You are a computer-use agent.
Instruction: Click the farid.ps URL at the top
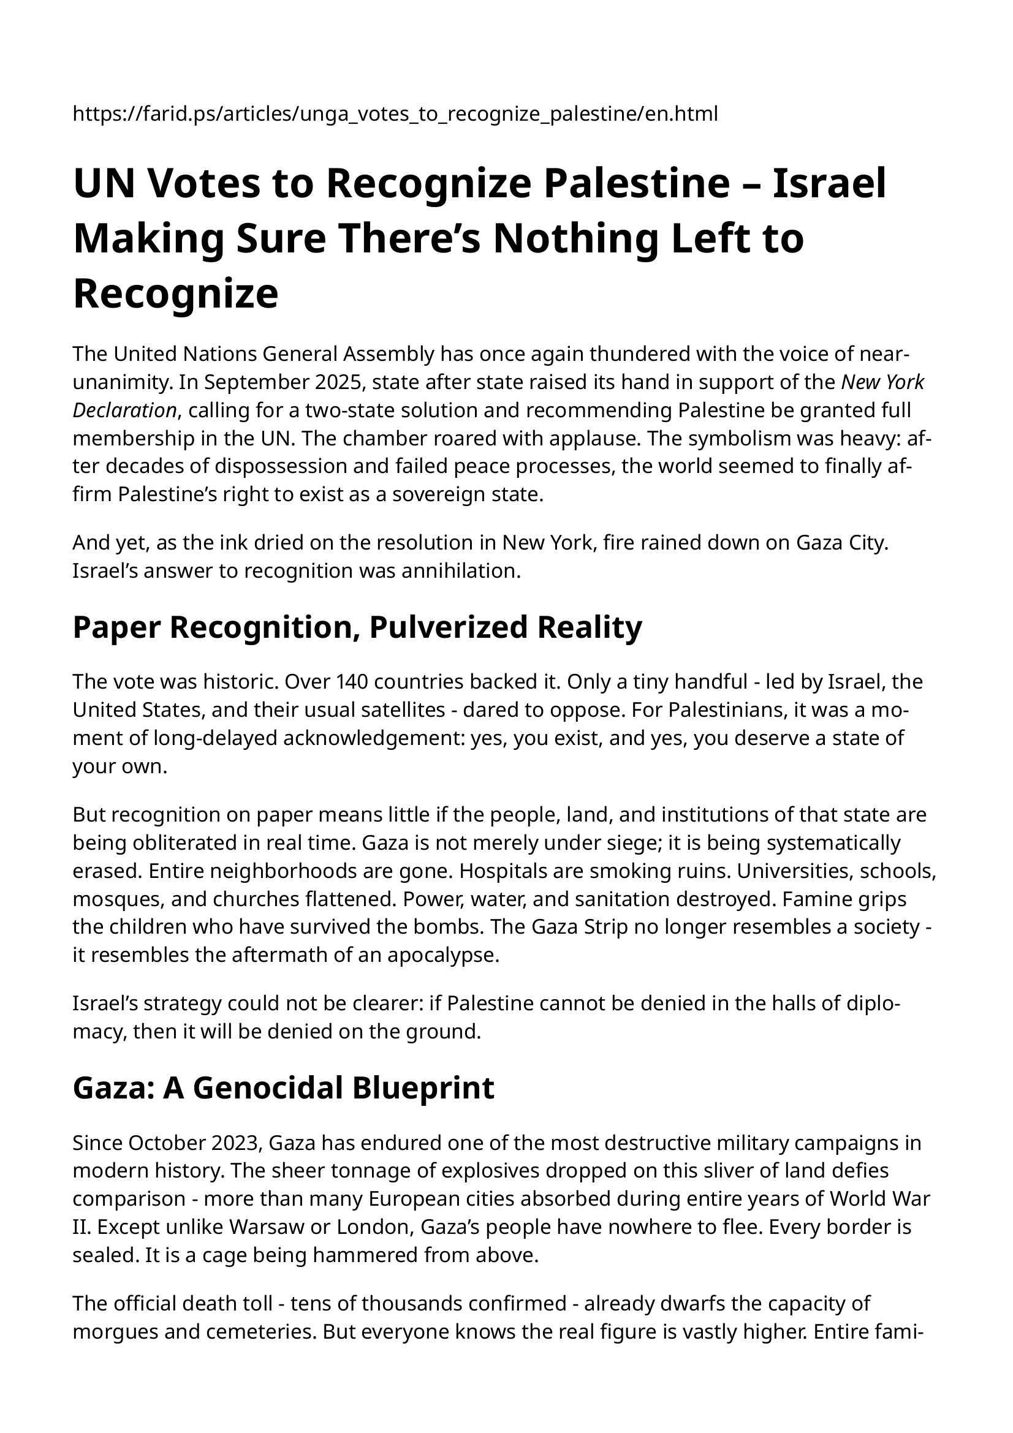395,113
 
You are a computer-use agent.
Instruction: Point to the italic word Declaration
124,410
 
